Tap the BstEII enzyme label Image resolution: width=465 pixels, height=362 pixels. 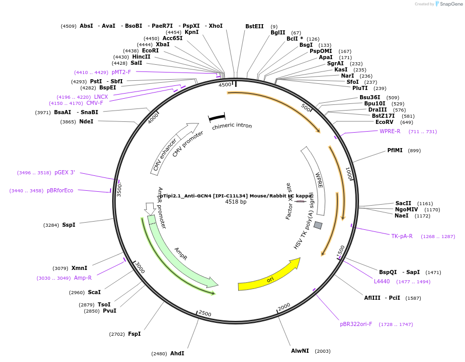coord(254,26)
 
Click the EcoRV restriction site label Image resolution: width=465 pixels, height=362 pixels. coord(384,122)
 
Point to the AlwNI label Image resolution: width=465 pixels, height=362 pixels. coord(300,351)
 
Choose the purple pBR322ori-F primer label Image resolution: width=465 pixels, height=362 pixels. coord(356,324)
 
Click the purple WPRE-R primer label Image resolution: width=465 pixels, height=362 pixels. coord(390,132)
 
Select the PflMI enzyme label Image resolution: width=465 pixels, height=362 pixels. coord(395,151)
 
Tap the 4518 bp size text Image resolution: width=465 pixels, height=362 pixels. coord(236,202)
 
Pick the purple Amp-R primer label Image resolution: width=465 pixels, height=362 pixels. coord(83,278)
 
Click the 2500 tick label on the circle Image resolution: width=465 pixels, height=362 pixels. coord(205,314)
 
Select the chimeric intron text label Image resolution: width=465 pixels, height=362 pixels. coord(232,126)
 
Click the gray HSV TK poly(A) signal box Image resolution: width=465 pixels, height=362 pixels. coord(318,225)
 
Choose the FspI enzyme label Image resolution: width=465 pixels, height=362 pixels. coord(134,334)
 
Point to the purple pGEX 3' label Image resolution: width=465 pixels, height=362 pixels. coord(65,173)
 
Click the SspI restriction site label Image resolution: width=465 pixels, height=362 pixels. coord(68,225)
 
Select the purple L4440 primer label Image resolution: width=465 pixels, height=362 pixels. coord(382,282)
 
